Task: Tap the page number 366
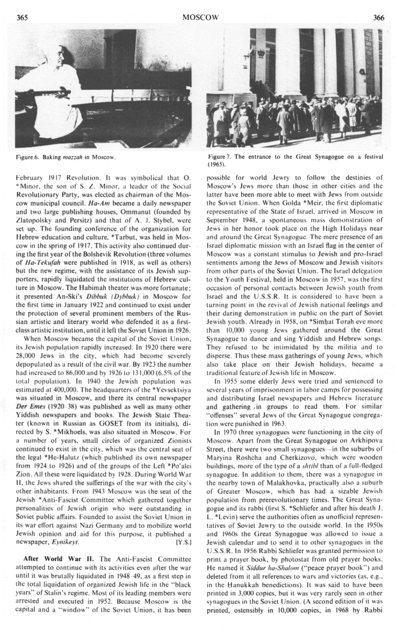(378, 17)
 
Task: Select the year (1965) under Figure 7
(216, 164)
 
